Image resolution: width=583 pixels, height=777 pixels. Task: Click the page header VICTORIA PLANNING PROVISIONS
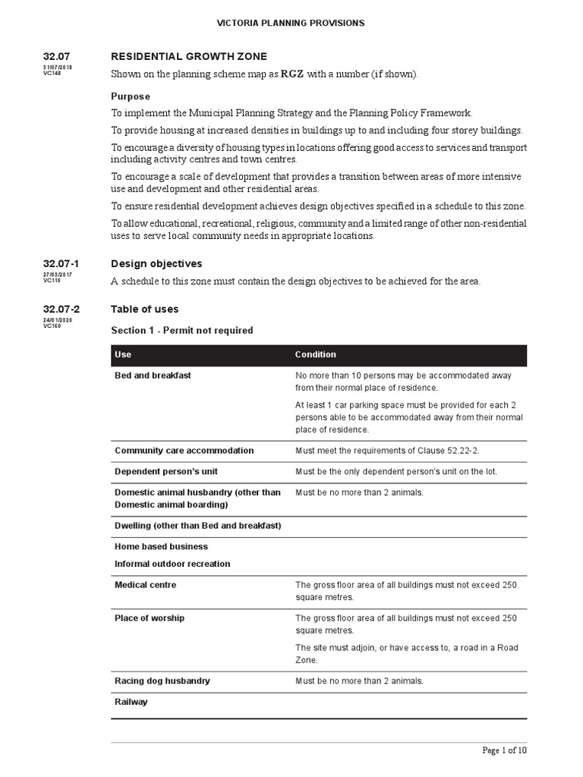[291, 23]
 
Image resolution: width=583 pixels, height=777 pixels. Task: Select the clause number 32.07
[56, 56]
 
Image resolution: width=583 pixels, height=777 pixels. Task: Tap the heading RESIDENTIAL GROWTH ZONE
[189, 56]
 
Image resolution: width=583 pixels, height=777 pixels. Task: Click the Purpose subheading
[131, 96]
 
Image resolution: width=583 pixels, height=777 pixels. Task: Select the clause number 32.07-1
[61, 263]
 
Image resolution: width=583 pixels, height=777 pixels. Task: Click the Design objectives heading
[156, 263]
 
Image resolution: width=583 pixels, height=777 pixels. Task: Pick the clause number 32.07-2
[61, 309]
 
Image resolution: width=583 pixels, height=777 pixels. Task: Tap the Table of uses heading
[145, 309]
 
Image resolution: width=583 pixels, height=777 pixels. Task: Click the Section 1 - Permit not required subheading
[182, 330]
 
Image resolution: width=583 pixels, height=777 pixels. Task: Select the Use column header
[123, 354]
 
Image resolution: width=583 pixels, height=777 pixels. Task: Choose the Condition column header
[315, 354]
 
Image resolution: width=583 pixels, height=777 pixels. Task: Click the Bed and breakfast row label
[151, 376]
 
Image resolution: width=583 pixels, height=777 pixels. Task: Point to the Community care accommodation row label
[184, 450]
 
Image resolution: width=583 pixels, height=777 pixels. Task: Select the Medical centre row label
[145, 585]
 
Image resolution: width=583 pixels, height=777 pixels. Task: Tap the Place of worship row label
[149, 618]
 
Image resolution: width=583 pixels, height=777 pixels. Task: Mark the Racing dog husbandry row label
[162, 681]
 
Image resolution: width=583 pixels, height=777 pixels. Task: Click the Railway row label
[131, 702]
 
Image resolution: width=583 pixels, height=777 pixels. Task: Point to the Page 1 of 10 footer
[504, 750]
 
